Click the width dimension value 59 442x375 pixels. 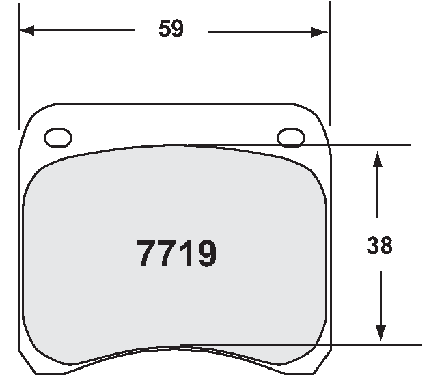click(x=171, y=29)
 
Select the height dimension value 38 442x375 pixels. click(x=380, y=245)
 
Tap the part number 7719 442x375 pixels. click(x=177, y=254)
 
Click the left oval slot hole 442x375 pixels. click(x=57, y=137)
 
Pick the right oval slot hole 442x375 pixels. click(x=291, y=137)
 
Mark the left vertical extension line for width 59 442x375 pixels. click(x=18, y=68)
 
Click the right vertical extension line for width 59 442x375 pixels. click(x=329, y=68)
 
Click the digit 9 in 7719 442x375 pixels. click(x=205, y=254)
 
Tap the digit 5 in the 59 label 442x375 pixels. click(x=165, y=29)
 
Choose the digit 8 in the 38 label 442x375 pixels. click(x=387, y=245)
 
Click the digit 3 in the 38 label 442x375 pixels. click(x=373, y=245)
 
